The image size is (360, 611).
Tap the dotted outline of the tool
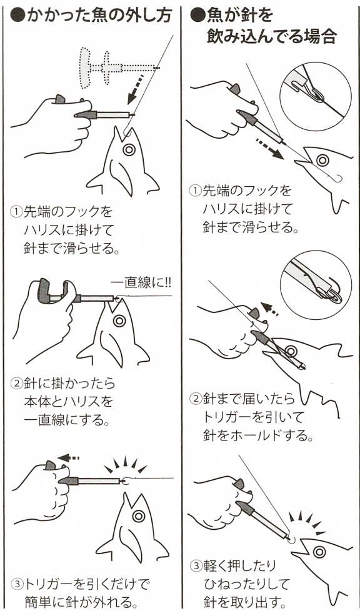117,66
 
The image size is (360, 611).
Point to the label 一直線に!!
141,283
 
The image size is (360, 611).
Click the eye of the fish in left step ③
139,516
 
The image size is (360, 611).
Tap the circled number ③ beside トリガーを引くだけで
17,584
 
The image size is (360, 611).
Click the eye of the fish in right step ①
322,160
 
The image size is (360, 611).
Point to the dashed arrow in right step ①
270,148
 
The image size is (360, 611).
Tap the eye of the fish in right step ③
319,552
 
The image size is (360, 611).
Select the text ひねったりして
246,585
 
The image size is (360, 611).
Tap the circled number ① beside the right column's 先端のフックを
195,191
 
